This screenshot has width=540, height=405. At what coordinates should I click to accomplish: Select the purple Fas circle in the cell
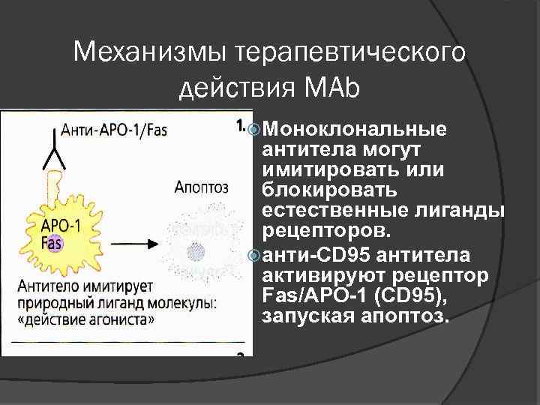[x=52, y=243]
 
